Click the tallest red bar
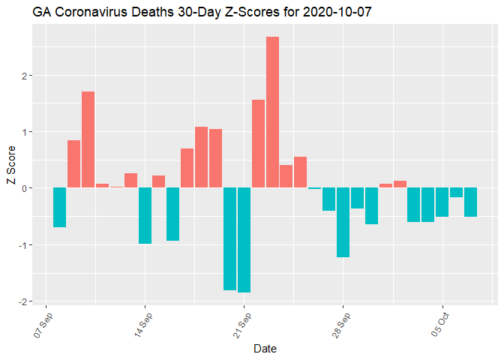point(272,112)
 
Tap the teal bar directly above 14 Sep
point(145,216)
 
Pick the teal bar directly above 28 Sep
point(343,223)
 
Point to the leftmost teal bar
point(59,207)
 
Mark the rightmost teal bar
point(470,202)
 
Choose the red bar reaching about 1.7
point(88,139)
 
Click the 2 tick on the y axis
point(25,76)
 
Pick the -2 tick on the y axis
point(22,301)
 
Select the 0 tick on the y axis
point(25,188)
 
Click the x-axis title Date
point(265,349)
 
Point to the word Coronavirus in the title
point(88,13)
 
